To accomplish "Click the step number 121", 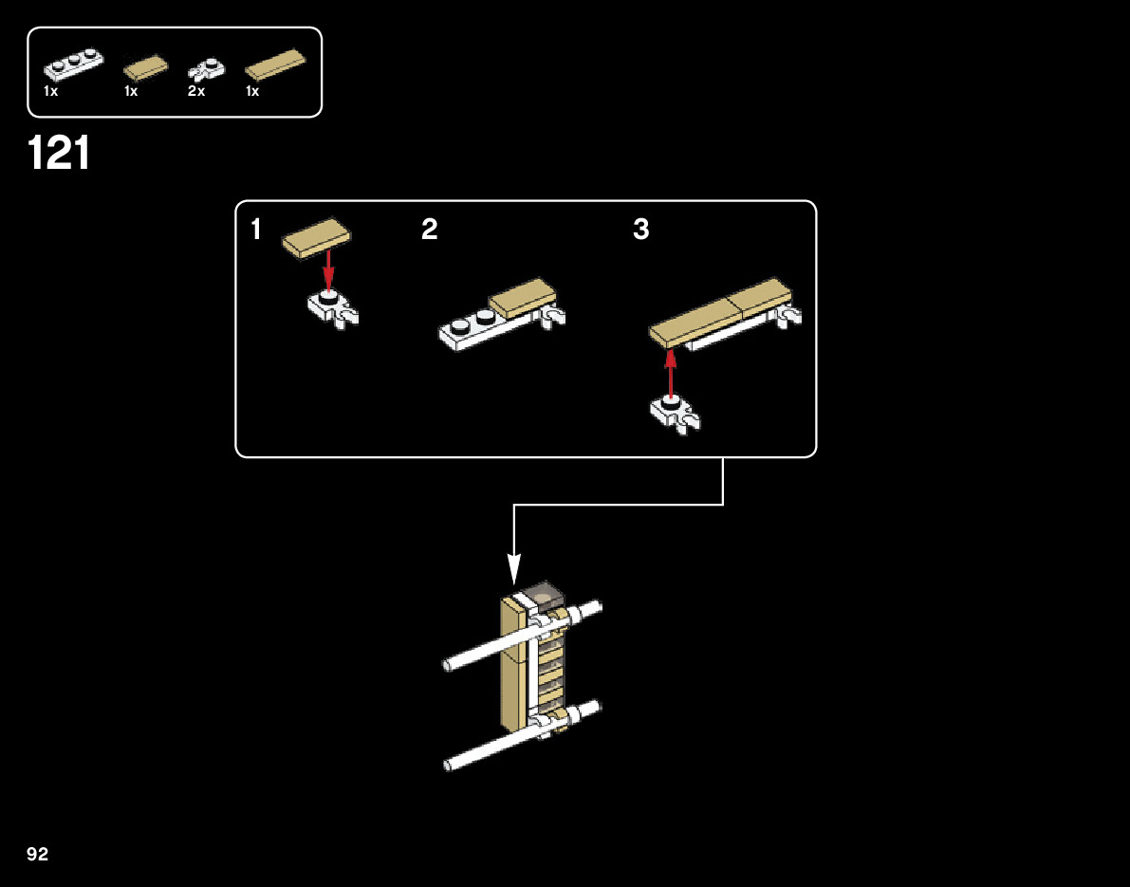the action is [x=59, y=154].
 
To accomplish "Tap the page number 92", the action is [x=37, y=855].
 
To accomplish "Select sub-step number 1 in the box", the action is [x=256, y=230].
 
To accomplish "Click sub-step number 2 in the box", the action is [x=430, y=230].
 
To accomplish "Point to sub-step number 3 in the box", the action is [x=641, y=230].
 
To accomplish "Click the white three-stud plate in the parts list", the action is [x=73, y=65].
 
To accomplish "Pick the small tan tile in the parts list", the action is [x=145, y=67].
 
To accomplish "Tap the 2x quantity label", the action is [x=196, y=92].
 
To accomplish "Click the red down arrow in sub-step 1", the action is [x=328, y=269].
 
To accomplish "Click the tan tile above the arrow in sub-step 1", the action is [x=316, y=237].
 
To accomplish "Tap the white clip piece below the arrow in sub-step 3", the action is [x=675, y=414].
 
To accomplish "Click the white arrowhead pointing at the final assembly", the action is [x=514, y=569].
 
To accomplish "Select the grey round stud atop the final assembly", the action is [x=544, y=596].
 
